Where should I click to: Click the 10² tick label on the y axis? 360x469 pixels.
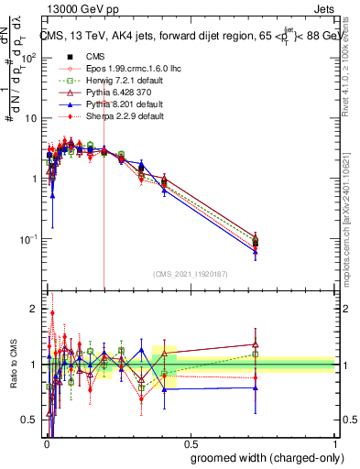pos(30,57)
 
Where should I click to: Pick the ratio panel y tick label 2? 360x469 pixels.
pos(34,309)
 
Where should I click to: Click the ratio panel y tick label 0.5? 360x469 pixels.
pos(29,420)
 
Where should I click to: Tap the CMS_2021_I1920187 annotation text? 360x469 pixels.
pos(190,274)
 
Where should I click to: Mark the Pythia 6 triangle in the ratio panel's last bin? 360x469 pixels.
pos(256,344)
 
